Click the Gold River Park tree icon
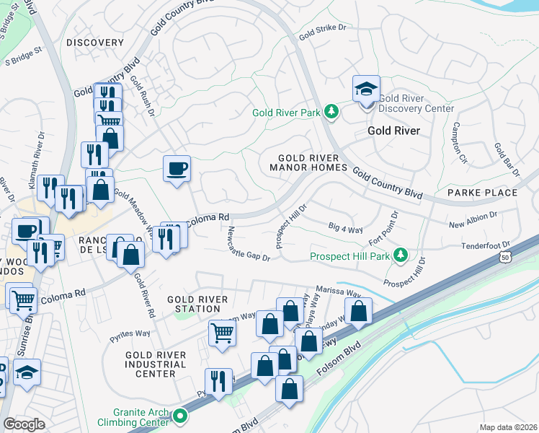click(x=331, y=112)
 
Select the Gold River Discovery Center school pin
click(x=366, y=92)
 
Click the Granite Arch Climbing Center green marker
click(x=179, y=416)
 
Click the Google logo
click(x=23, y=424)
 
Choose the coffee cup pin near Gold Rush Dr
click(x=177, y=170)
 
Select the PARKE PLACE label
click(x=482, y=193)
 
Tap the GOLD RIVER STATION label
click(x=197, y=304)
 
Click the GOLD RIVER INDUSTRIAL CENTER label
click(x=155, y=364)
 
